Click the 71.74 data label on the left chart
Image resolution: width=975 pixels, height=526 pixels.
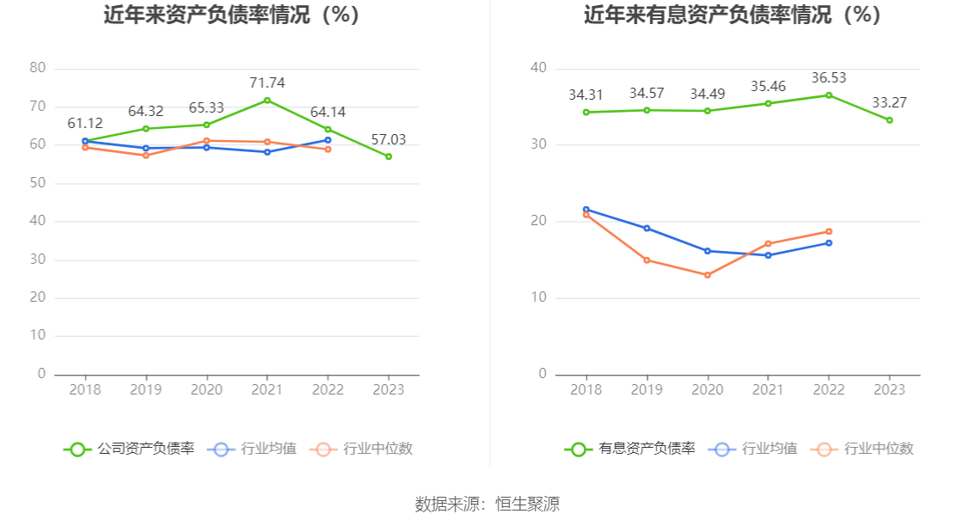coord(267,83)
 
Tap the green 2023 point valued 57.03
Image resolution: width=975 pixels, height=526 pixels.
coord(389,156)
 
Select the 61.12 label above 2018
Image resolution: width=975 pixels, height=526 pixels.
coord(85,124)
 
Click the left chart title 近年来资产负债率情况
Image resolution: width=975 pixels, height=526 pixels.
coord(231,15)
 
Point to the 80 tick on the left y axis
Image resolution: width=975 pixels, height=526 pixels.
coord(37,68)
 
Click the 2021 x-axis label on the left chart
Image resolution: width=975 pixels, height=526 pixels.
coord(267,389)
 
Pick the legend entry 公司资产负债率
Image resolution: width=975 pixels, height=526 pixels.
coord(129,449)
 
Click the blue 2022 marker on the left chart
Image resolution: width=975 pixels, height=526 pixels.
coord(328,140)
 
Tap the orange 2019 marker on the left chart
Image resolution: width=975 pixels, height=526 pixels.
coord(145,156)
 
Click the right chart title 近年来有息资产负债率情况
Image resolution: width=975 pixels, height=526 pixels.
coord(733,15)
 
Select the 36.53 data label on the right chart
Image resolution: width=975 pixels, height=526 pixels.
coord(829,78)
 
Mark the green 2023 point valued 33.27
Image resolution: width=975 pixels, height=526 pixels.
coord(889,120)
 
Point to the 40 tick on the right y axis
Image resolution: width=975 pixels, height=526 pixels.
coord(538,68)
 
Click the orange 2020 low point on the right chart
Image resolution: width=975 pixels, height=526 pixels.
coord(708,275)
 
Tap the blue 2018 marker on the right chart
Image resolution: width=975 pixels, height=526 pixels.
coord(586,209)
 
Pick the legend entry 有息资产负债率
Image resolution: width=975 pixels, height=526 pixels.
coord(630,449)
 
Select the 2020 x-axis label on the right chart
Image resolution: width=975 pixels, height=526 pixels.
coord(708,389)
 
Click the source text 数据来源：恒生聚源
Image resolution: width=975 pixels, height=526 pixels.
coord(487,504)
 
